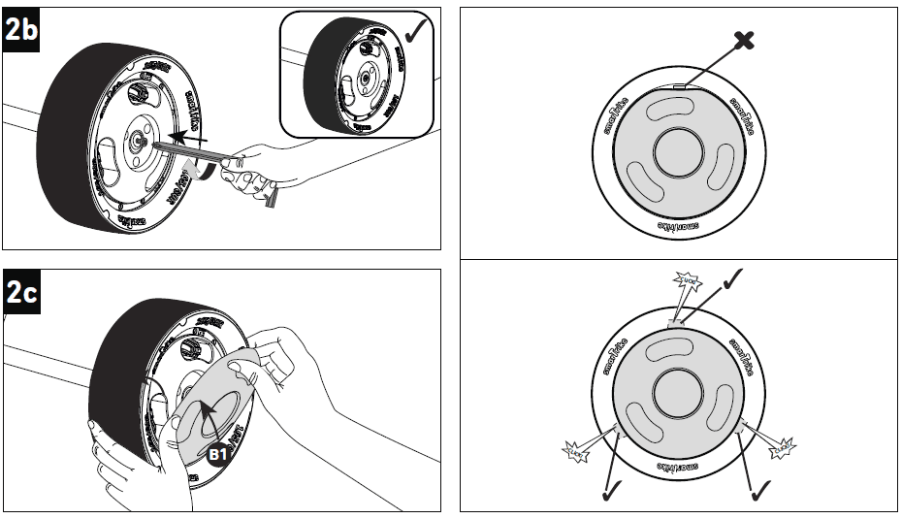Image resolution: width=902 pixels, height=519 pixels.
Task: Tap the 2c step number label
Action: [x=21, y=293]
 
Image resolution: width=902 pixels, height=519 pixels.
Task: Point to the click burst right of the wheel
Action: [x=782, y=447]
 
